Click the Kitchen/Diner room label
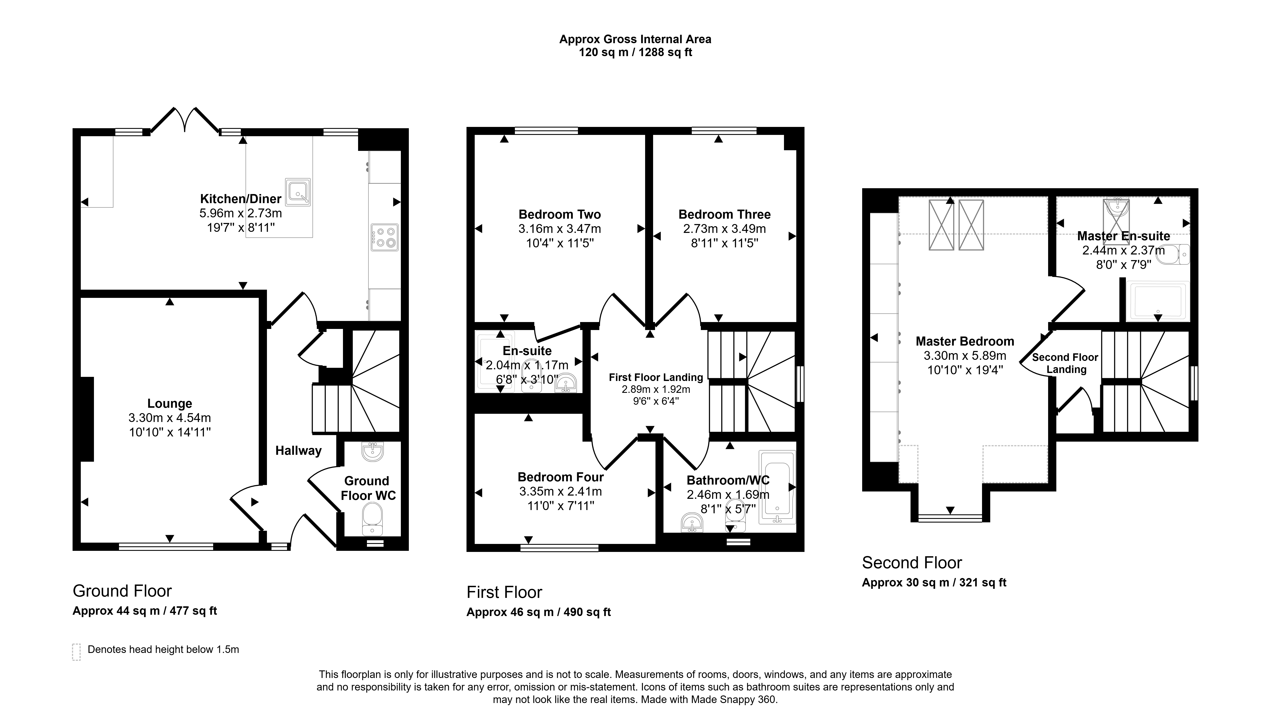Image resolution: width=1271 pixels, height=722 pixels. [x=241, y=199]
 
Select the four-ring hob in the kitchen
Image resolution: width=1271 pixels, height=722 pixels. [x=384, y=237]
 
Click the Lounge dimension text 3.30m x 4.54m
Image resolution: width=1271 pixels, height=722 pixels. [x=170, y=418]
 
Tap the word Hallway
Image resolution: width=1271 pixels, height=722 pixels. [x=299, y=451]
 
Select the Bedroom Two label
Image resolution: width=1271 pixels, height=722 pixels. [x=560, y=215]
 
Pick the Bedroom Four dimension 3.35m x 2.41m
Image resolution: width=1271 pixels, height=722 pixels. [x=561, y=491]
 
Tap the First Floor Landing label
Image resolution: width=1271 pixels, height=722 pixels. [x=656, y=377]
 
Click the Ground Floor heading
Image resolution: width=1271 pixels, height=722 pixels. [x=122, y=591]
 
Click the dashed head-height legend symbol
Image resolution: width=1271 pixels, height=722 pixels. [x=76, y=652]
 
